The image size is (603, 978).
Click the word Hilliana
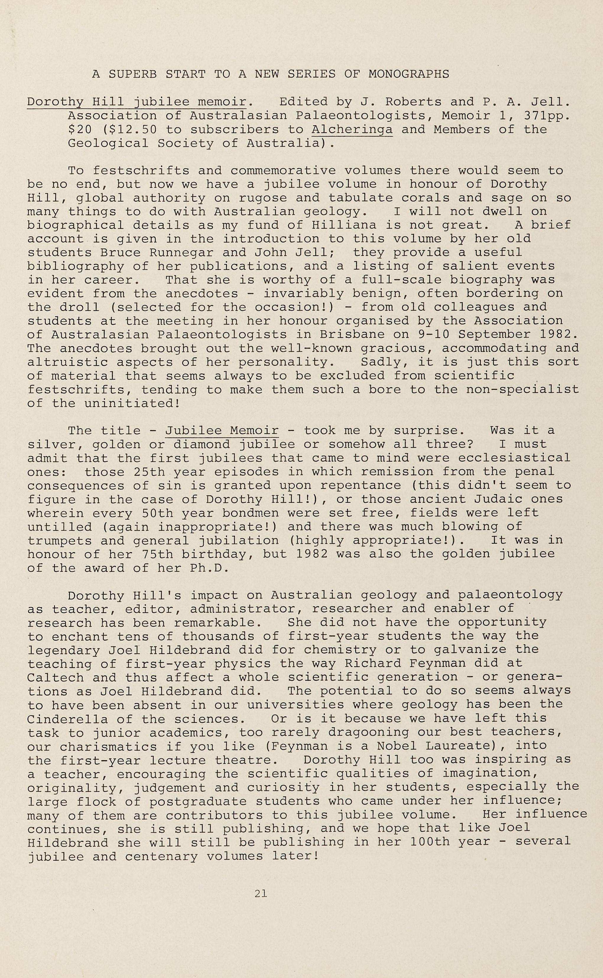[x=344, y=225]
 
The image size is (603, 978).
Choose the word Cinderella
[x=67, y=719]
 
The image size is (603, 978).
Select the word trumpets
[x=59, y=541]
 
